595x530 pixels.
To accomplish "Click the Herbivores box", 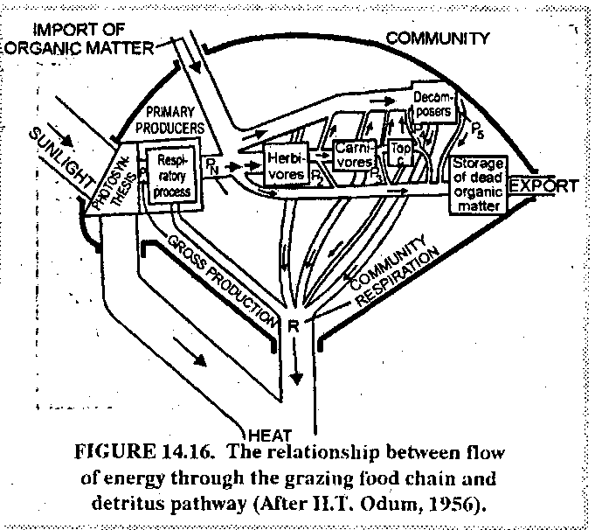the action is (287, 166).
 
